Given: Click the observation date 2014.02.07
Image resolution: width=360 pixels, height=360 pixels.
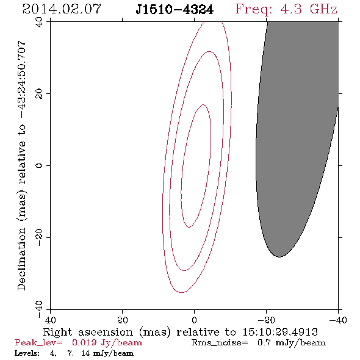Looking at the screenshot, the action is [x=62, y=9].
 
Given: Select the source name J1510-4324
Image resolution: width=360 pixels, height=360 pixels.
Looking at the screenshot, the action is [x=175, y=10].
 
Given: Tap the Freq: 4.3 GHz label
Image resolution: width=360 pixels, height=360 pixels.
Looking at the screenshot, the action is [x=286, y=10].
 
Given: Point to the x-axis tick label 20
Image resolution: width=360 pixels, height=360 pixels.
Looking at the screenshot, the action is [x=123, y=320].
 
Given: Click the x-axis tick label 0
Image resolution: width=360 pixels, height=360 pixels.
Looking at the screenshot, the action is [x=195, y=320].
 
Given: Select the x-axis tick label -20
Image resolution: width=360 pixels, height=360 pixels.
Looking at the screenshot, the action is [x=266, y=320].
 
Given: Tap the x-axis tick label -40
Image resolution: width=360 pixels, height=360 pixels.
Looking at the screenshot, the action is [x=338, y=320].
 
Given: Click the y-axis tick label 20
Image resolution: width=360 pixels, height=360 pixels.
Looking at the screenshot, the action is [x=39, y=94].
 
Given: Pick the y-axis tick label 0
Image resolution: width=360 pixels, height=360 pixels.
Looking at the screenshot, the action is [x=39, y=165].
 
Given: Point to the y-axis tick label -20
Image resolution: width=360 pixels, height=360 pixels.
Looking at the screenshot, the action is [x=39, y=237].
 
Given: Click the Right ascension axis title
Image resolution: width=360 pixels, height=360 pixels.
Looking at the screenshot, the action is [x=181, y=332].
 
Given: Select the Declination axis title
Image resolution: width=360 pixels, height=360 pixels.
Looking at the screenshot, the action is [x=21, y=165].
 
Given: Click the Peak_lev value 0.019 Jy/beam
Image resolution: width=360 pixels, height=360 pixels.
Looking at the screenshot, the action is [x=107, y=343].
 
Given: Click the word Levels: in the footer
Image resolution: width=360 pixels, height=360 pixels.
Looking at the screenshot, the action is [x=27, y=353].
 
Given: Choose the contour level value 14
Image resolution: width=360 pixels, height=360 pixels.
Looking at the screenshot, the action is [x=85, y=353].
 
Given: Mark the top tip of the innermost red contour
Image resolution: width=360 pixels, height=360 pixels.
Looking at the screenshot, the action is [x=203, y=104].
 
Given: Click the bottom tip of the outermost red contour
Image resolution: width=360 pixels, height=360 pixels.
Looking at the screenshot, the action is [x=181, y=292].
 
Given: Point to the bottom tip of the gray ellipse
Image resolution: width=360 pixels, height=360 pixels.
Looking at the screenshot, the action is [x=279, y=257].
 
